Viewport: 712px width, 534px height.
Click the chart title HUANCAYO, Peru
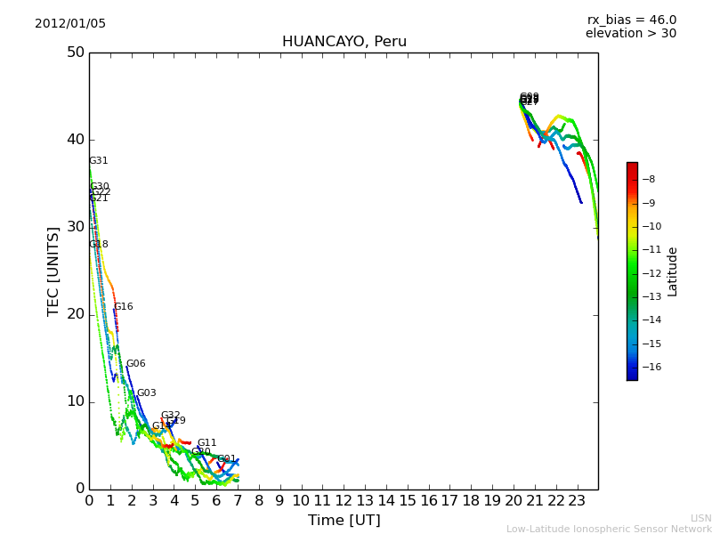344,42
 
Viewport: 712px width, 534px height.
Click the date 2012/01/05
70,24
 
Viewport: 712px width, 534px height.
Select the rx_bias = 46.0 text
631,20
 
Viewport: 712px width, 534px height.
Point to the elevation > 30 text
630,34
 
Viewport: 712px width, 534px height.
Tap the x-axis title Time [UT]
344,521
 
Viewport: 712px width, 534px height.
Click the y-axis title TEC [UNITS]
53,271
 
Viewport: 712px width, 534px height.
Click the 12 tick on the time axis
344,501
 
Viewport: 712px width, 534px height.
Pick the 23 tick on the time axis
577,501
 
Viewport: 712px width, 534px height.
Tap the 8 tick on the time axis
259,501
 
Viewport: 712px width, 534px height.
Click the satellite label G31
99,161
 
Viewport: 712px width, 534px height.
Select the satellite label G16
124,307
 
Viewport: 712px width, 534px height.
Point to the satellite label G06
136,364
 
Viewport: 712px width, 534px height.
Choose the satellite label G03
147,393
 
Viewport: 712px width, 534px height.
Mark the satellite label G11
207,443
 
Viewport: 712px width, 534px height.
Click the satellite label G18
99,245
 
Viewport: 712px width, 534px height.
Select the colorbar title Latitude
673,271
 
